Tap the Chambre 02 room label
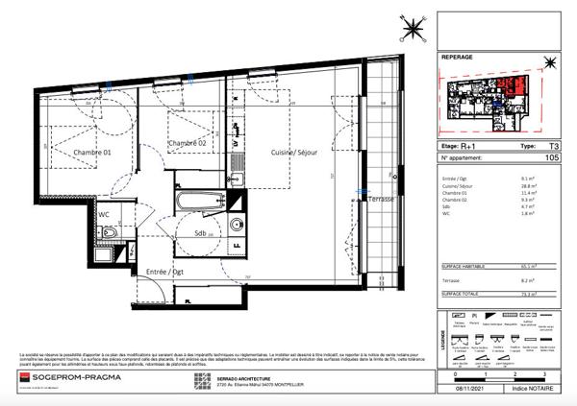[188, 143]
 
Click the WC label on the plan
[103, 215]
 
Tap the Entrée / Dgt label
[163, 273]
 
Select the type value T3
[553, 147]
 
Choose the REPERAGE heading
[457, 58]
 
